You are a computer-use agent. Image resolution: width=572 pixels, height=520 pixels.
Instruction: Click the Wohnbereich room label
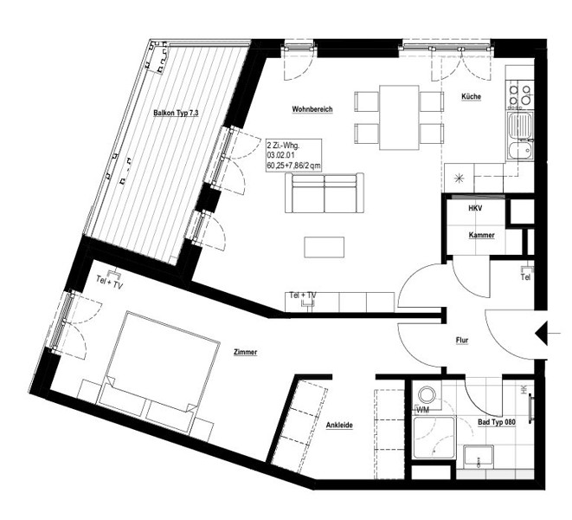(312, 109)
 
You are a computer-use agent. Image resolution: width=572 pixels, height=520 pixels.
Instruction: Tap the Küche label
(472, 96)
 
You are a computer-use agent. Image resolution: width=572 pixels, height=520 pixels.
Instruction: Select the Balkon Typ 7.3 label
(176, 113)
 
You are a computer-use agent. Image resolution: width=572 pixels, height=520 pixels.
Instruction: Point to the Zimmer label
(246, 352)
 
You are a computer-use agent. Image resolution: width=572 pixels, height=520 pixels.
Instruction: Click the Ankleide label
(339, 426)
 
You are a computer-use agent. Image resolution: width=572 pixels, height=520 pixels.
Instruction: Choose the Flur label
(462, 341)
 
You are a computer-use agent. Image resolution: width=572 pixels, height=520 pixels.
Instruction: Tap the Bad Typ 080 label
(497, 422)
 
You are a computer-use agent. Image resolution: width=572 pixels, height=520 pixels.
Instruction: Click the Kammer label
(481, 235)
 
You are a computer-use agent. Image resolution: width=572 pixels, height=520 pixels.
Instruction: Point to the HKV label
(475, 208)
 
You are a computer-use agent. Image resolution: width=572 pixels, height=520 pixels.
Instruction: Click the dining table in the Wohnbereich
(399, 117)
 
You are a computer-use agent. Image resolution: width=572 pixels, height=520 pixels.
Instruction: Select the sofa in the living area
(325, 193)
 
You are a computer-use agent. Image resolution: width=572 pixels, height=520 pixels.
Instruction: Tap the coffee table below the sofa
(325, 247)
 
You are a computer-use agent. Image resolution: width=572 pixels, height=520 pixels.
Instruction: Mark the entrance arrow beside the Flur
(542, 334)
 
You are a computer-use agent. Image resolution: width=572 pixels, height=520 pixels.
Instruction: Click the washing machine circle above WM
(426, 395)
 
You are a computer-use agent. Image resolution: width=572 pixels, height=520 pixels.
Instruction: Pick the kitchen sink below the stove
(521, 126)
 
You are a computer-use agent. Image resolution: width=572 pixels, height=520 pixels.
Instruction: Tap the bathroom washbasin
(479, 457)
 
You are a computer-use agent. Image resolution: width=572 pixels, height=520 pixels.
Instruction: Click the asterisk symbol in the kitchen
(459, 179)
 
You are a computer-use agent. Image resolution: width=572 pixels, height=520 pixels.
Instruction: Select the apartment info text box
(293, 155)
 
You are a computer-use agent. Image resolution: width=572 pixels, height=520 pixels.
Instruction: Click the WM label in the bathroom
(422, 411)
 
